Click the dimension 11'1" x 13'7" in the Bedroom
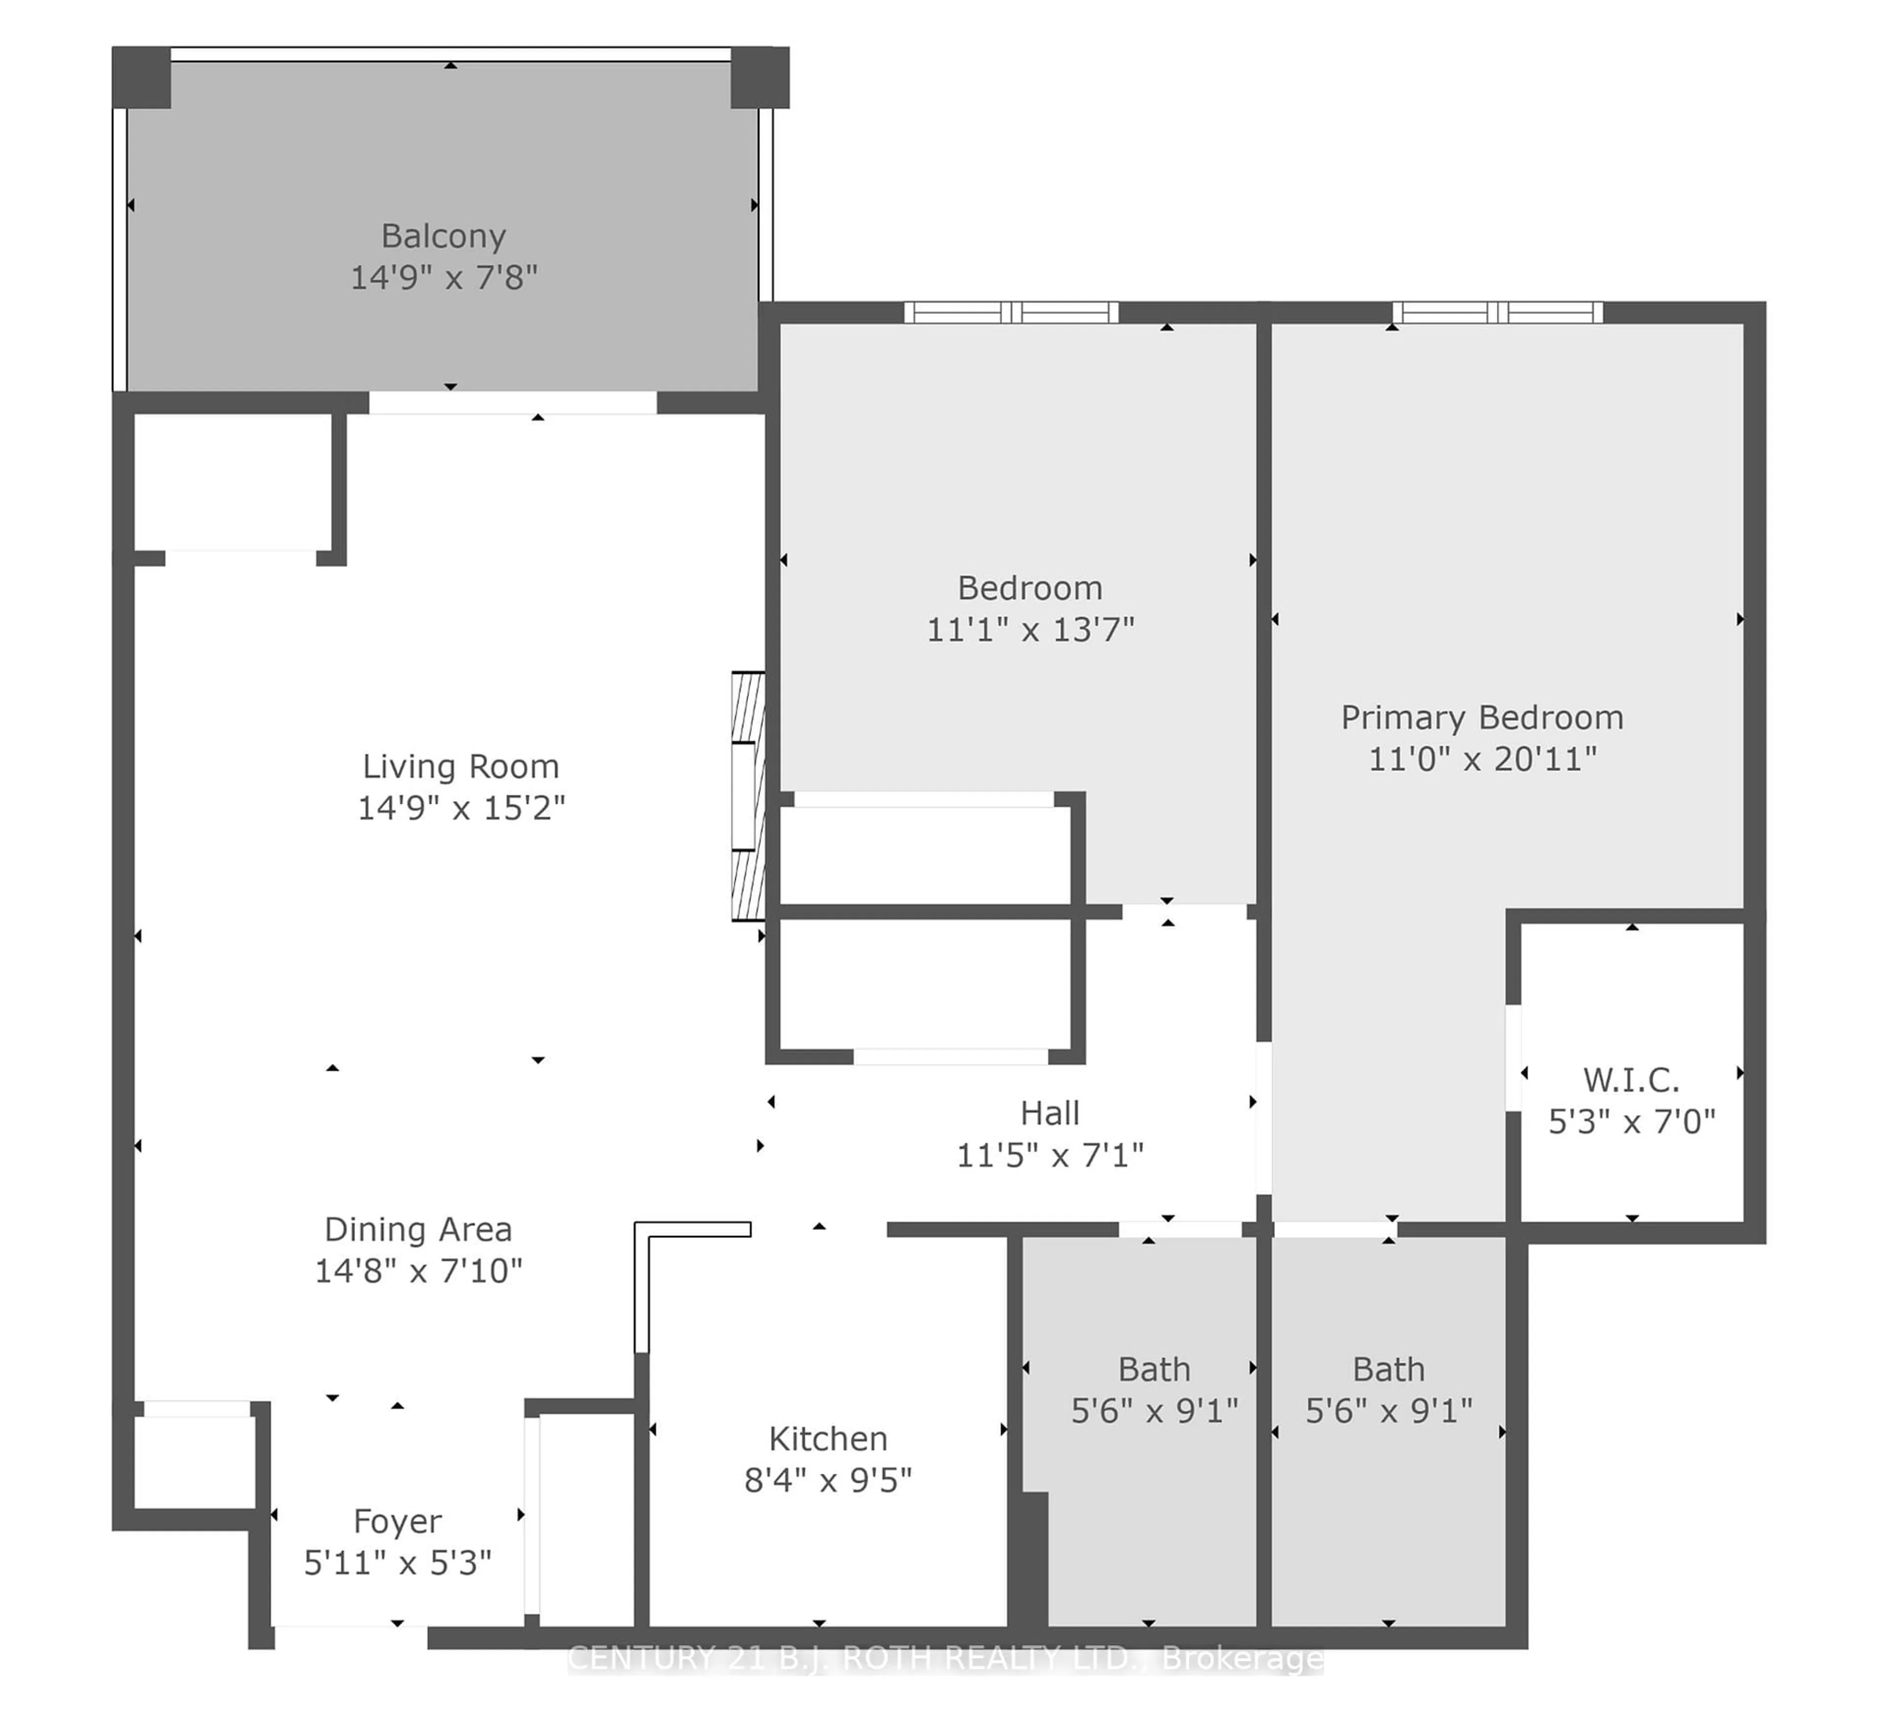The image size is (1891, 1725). (x=1030, y=630)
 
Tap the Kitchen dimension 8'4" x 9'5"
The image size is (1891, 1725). (x=827, y=1480)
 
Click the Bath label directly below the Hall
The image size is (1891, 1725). (x=1154, y=1369)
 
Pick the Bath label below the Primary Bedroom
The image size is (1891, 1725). (x=1388, y=1369)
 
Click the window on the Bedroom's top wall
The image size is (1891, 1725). (x=1011, y=312)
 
